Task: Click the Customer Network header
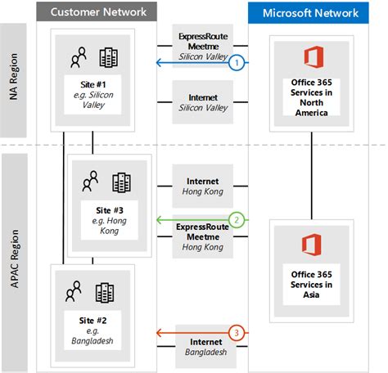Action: tap(98, 12)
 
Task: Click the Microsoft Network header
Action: tap(311, 12)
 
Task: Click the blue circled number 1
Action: tap(237, 61)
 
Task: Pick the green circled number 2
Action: tap(237, 220)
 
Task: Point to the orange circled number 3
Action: tap(237, 332)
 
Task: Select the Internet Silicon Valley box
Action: tap(203, 102)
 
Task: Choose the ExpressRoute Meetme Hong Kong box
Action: tap(203, 236)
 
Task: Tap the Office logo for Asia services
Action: tap(311, 245)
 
